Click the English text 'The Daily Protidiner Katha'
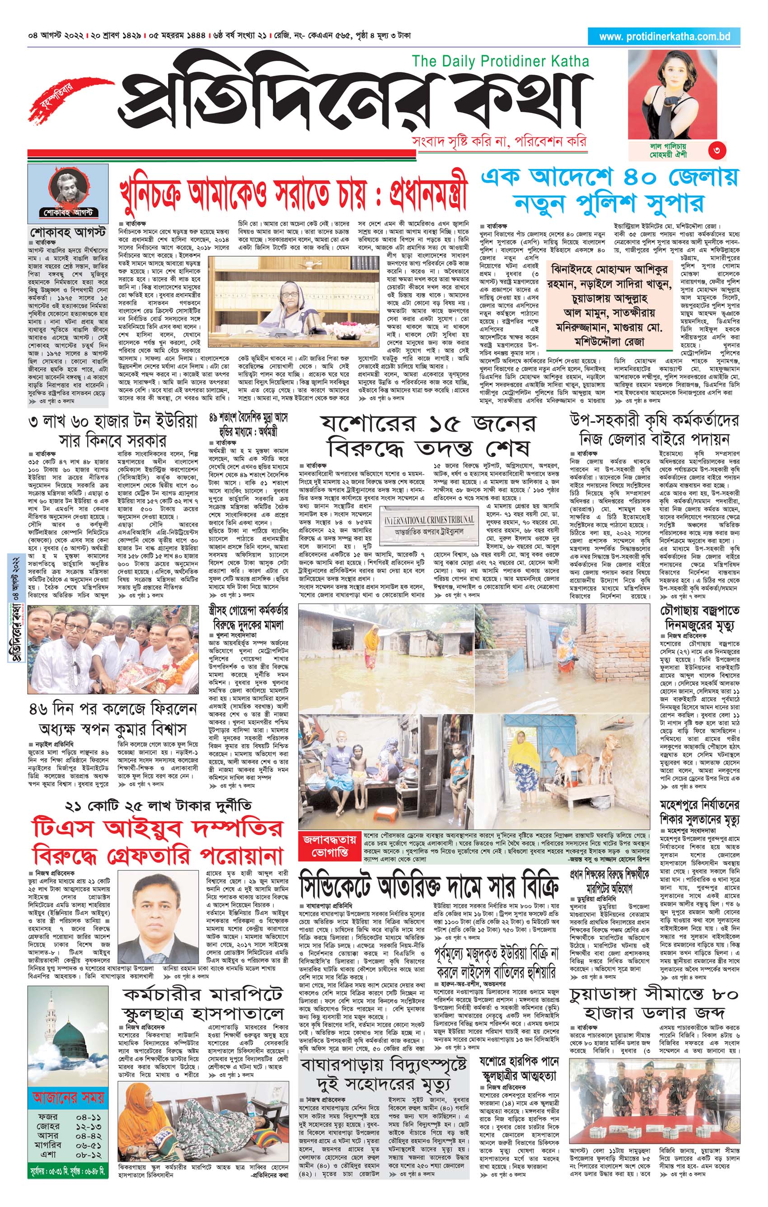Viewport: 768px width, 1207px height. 500,61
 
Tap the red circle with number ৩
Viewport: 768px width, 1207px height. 717,150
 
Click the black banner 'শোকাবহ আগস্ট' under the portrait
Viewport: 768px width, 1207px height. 69,212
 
